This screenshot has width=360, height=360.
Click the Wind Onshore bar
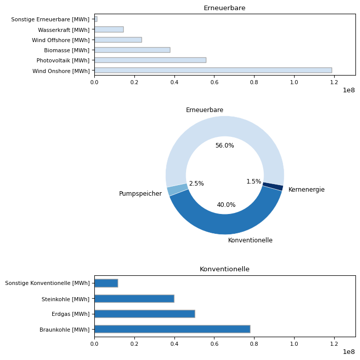(x=213, y=70)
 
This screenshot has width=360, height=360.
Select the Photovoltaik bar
(x=150, y=60)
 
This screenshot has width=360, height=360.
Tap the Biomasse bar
(x=132, y=50)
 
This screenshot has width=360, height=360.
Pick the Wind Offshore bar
(x=118, y=40)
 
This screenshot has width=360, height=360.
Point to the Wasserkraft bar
(x=109, y=29)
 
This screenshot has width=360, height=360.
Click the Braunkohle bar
(x=172, y=329)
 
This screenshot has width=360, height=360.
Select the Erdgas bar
(x=145, y=314)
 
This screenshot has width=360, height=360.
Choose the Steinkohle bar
(x=134, y=299)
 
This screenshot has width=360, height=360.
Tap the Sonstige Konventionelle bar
(x=106, y=283)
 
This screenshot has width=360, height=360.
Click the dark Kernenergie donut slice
(x=273, y=187)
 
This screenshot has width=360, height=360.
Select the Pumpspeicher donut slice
(x=177, y=190)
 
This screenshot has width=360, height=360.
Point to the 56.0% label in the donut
(x=225, y=146)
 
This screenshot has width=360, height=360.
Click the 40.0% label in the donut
(x=226, y=205)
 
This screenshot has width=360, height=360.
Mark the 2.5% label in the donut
(x=196, y=184)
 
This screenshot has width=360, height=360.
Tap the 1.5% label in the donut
(x=254, y=182)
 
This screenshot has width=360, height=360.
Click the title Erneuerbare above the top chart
(x=225, y=8)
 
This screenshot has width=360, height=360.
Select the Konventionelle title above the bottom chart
(x=225, y=269)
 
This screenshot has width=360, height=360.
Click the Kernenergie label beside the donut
(x=306, y=190)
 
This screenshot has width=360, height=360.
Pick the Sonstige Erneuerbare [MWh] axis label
(x=50, y=19)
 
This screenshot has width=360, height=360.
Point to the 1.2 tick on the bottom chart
(x=334, y=344)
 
